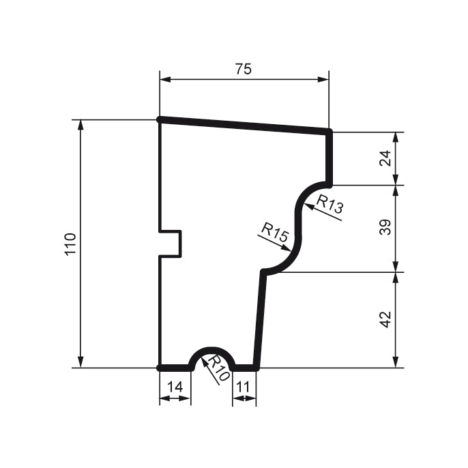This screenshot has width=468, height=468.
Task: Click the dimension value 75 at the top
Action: [244, 69]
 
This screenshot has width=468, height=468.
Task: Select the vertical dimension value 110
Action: [69, 244]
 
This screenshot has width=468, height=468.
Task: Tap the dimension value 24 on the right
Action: [386, 158]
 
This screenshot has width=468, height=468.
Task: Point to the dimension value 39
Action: [386, 228]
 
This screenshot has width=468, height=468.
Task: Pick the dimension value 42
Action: [386, 319]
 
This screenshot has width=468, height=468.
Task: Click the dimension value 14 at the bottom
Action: [175, 387]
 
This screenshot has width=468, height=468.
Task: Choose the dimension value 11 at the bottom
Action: [244, 387]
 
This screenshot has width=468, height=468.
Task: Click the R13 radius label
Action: [330, 205]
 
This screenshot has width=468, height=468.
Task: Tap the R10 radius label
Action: [218, 368]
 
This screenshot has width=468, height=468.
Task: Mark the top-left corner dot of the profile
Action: [160, 119]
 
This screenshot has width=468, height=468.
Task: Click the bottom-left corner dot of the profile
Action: [160, 368]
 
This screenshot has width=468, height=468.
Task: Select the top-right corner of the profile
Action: [329, 131]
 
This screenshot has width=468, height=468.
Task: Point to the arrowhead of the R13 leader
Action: [308, 207]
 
